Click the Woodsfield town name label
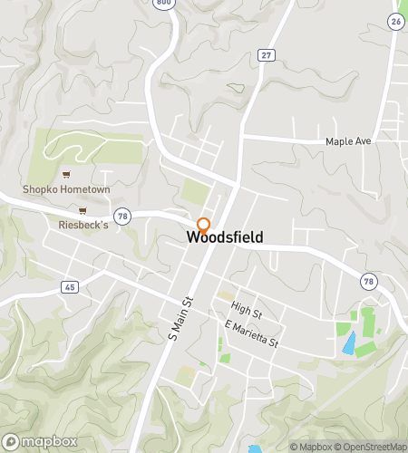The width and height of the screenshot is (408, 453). (x=226, y=237)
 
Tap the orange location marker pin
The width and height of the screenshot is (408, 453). (x=203, y=225)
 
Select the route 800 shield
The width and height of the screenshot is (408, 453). (x=163, y=4)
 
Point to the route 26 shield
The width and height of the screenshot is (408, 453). (x=395, y=20)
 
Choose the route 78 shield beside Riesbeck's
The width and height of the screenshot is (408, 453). (x=123, y=216)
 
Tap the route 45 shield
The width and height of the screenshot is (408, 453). (x=70, y=286)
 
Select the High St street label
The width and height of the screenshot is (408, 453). (x=246, y=309)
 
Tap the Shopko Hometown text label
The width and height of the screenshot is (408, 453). (x=66, y=189)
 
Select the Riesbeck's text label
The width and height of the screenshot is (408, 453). (x=83, y=226)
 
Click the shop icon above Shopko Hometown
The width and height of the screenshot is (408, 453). (x=65, y=174)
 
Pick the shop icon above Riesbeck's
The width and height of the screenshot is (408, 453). (x=83, y=210)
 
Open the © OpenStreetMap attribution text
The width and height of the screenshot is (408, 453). (x=371, y=447)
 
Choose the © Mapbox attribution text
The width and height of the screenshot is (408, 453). (x=310, y=447)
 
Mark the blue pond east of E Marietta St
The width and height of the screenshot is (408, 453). (x=349, y=342)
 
